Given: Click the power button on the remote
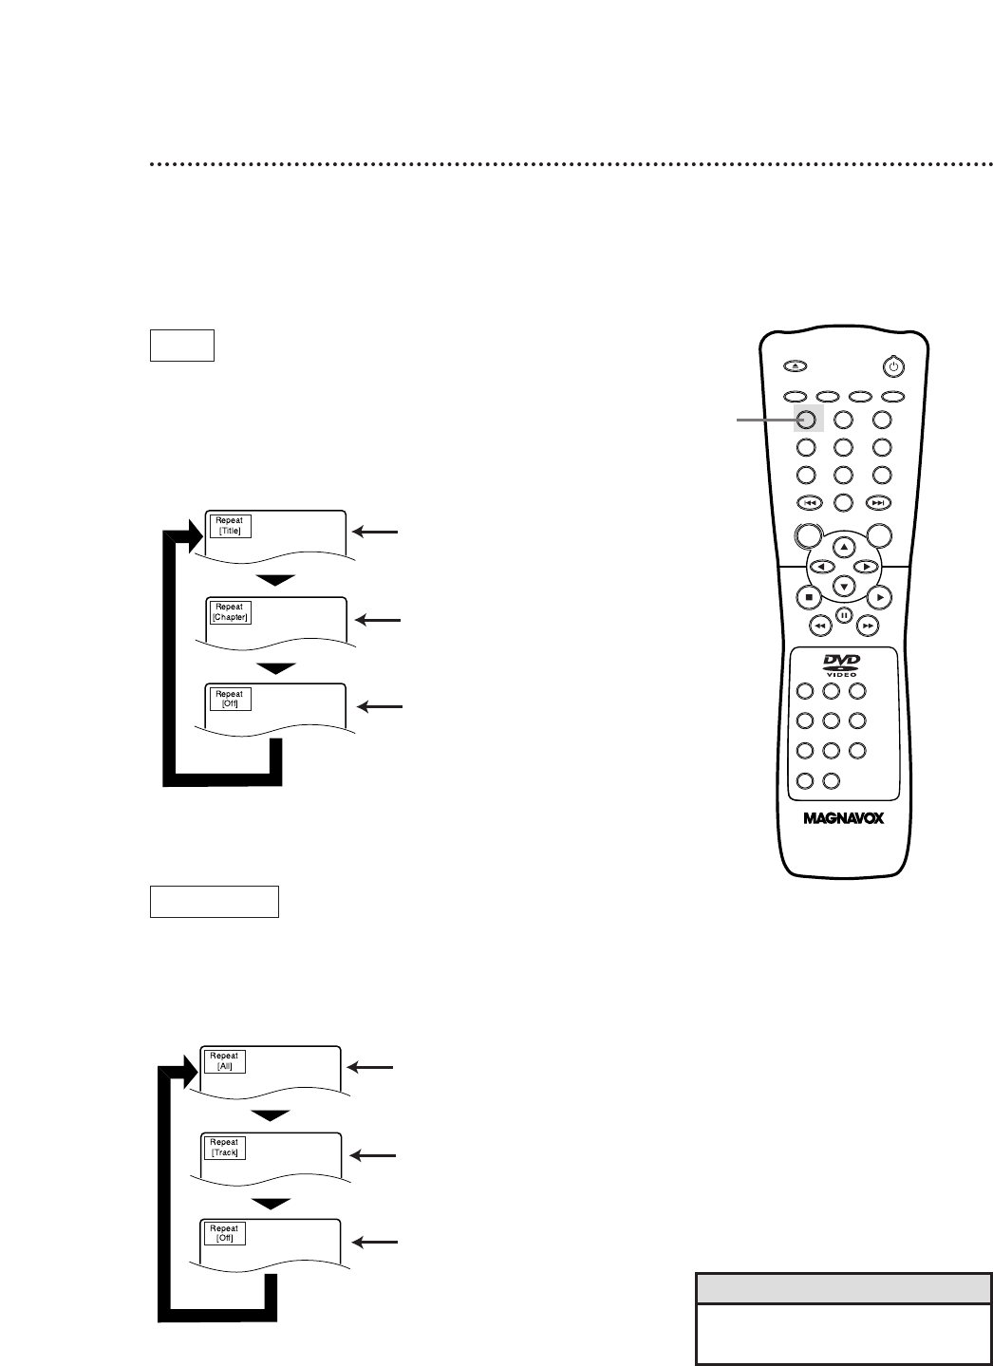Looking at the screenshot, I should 891,365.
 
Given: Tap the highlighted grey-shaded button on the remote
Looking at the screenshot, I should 807,419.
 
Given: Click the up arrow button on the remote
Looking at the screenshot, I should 844,548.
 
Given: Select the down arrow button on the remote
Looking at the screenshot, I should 844,586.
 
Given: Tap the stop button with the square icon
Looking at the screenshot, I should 808,597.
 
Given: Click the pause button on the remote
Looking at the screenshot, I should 844,615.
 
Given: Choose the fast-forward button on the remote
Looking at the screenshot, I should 868,627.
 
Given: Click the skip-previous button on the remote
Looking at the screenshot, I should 808,502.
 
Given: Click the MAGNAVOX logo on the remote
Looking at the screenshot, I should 843,818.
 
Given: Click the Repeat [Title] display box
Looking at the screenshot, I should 229,526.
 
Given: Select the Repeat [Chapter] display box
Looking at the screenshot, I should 229,612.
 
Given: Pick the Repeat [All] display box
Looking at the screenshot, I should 224,1060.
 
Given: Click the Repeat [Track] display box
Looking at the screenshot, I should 224,1147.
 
